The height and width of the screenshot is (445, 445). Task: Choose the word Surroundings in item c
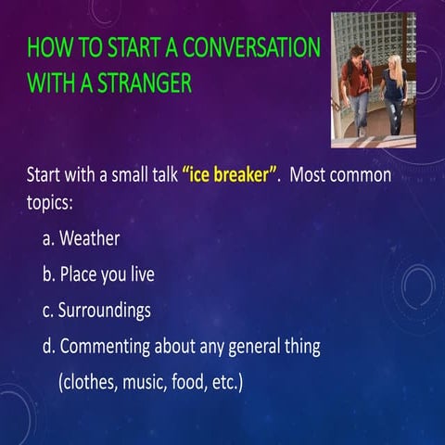(x=104, y=311)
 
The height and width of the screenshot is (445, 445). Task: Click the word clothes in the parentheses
(x=89, y=382)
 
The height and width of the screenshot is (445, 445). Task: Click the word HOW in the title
(x=47, y=46)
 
